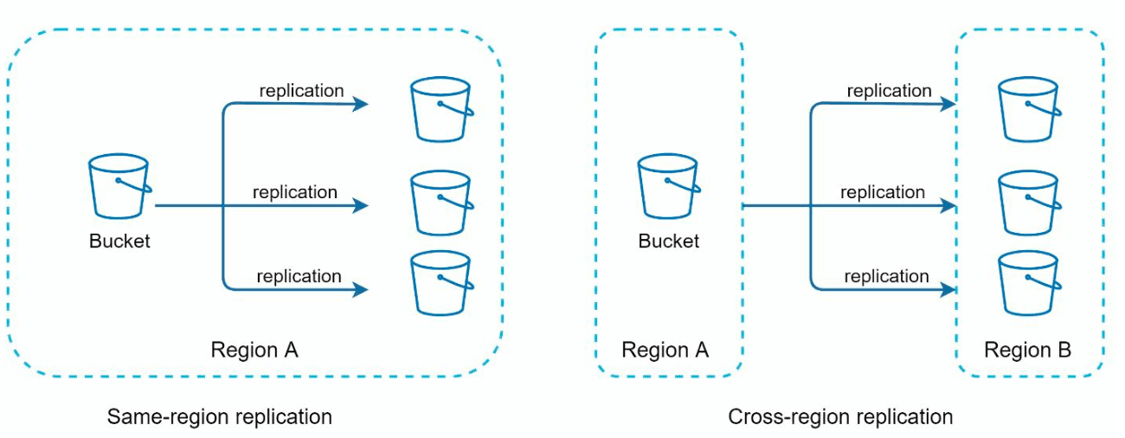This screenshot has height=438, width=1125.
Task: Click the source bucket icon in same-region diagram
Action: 119,186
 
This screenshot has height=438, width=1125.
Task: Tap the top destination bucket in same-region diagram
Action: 441,109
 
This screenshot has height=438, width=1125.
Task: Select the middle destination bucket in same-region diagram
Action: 441,203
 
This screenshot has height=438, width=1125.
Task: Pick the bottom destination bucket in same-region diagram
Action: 441,283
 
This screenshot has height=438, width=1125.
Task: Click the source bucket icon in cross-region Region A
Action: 668,186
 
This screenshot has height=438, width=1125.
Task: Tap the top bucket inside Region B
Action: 1029,109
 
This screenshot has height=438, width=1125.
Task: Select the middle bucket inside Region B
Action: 1029,203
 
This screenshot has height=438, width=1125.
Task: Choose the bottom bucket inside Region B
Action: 1029,283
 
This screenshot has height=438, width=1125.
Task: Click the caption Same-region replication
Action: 220,417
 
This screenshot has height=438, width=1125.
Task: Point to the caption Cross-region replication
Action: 840,417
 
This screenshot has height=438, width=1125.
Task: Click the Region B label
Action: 1027,350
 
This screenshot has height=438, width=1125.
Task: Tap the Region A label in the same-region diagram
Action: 254,350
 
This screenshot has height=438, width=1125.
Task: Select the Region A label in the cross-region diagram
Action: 665,350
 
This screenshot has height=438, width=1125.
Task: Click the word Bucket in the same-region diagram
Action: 119,242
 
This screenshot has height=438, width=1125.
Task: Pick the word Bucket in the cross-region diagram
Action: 668,242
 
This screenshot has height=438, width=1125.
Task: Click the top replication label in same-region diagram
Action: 301,91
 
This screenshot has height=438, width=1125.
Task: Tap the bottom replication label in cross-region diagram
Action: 886,276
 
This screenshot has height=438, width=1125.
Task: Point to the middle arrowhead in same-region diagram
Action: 361,205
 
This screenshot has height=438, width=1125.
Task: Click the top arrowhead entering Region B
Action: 948,104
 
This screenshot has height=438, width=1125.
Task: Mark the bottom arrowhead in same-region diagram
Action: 361,289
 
